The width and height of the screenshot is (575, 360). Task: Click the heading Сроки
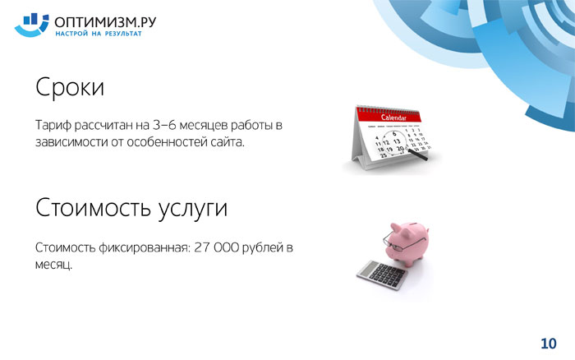pos(70,87)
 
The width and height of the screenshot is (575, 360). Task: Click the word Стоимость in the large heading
pos(93,207)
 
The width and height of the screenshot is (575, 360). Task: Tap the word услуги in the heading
pos(193,210)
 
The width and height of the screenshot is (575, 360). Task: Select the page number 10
pos(549,344)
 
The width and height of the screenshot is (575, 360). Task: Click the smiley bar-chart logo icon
pos(31,25)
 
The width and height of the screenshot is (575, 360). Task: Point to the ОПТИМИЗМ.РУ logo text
pos(105,22)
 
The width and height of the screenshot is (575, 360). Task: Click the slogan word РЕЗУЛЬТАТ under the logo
pos(123,34)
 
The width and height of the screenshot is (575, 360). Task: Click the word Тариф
pos(53,126)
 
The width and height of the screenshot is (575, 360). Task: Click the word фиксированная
pos(145,248)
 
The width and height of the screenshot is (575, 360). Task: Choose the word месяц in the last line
pos(53,265)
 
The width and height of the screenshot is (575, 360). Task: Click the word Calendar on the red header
pos(393,118)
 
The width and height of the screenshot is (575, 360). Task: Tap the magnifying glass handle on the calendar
pos(417,155)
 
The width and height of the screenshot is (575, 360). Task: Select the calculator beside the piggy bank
pos(382,275)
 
